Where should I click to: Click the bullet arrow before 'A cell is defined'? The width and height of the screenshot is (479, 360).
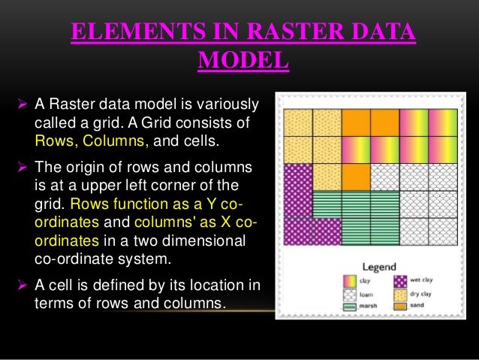22,286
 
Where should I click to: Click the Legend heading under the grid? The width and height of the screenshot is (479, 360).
380,267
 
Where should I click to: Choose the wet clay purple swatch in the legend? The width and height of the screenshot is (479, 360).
401,281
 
